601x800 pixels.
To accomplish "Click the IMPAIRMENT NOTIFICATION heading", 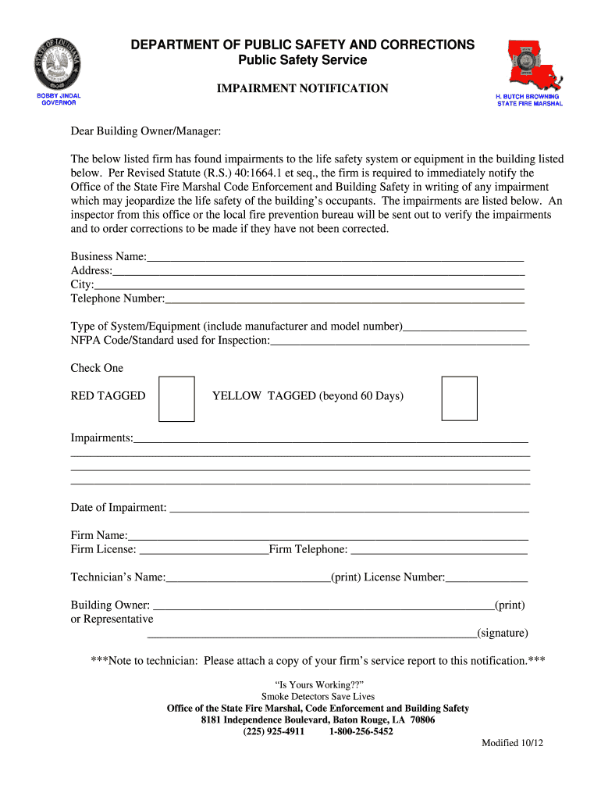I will [302, 89].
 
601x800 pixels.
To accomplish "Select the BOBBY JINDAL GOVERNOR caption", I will [59, 99].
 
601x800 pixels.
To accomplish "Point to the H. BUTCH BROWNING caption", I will [530, 99].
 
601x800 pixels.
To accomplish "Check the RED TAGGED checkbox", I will [176, 398].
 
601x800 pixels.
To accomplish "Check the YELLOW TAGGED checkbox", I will [459, 398].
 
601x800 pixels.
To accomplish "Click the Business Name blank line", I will [335, 258].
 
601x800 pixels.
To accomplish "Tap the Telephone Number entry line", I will [344, 299].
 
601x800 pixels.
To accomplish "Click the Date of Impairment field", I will [349, 509].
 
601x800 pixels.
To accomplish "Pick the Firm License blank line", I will [203, 551].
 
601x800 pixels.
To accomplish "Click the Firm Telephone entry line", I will [439, 551].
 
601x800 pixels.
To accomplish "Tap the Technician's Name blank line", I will [248, 578].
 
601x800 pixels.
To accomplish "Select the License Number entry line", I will [486, 578].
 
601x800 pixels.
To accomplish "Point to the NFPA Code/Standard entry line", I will [400, 341].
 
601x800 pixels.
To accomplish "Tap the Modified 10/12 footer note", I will [512, 743].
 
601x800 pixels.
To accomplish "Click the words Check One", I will [97, 368].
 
